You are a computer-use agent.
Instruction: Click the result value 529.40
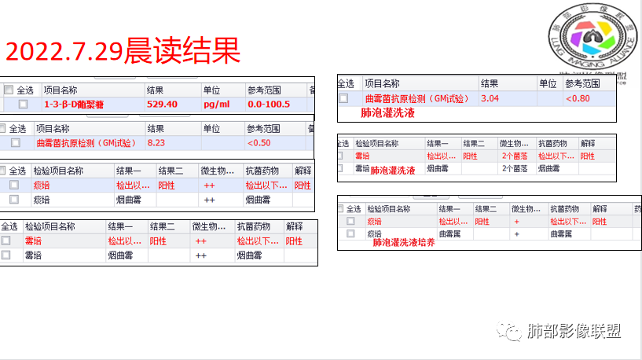click(x=162, y=104)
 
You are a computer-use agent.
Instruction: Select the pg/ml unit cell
click(x=216, y=104)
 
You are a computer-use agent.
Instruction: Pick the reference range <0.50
click(x=259, y=143)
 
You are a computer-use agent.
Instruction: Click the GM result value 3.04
click(x=490, y=98)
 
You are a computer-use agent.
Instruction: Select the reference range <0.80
click(x=578, y=98)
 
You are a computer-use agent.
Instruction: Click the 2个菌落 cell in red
click(x=515, y=156)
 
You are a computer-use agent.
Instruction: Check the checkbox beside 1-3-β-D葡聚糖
click(x=23, y=104)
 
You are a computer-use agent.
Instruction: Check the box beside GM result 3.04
click(x=343, y=98)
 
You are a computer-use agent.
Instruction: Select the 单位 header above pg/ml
click(x=211, y=90)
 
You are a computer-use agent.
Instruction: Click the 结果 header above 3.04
click(x=489, y=83)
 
